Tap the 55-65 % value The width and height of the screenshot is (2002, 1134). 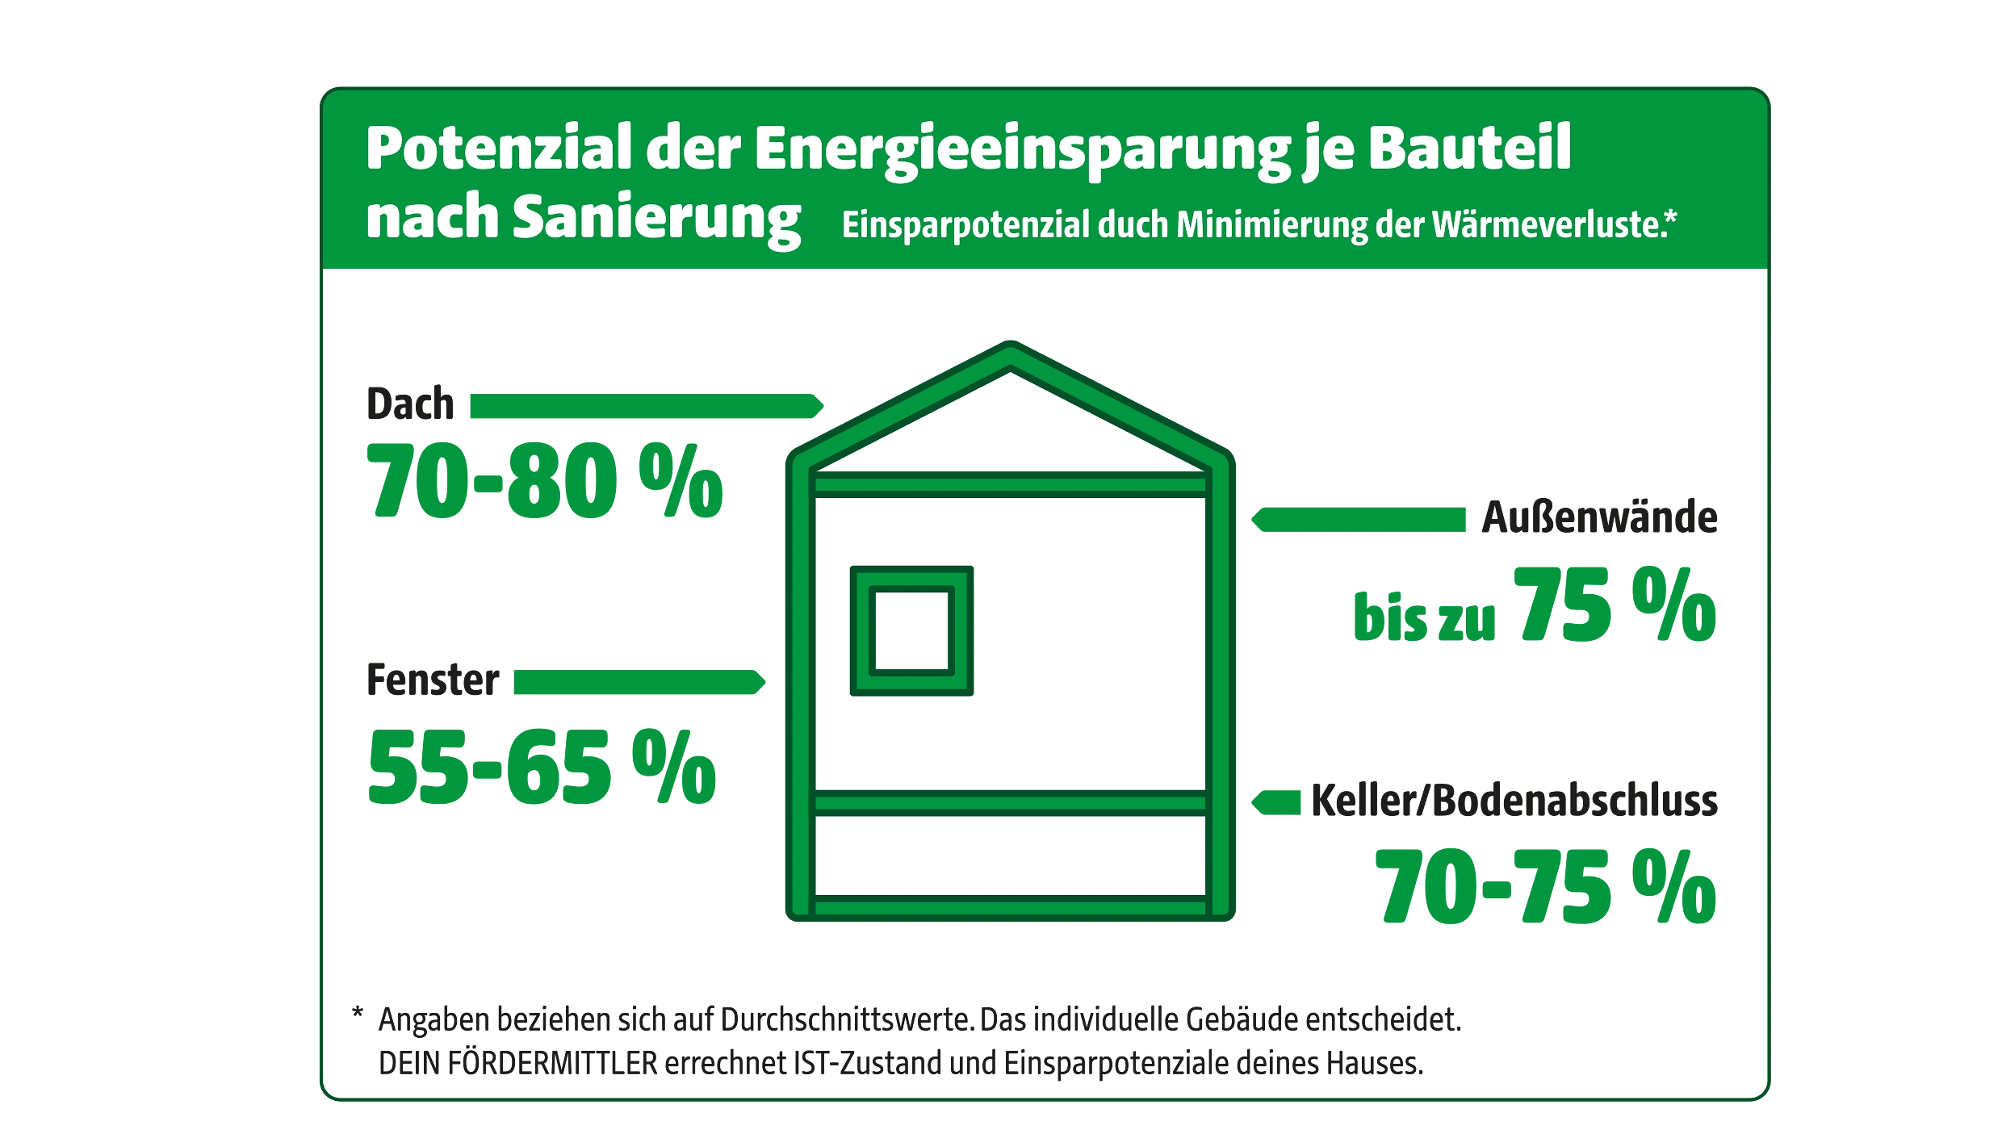point(542,769)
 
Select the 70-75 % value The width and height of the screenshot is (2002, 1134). point(1546,888)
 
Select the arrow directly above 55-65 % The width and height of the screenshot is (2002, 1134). point(638,683)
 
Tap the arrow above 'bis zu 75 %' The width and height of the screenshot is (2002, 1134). point(1358,520)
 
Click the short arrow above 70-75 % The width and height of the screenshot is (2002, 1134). point(1275,803)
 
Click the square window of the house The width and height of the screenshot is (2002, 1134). point(911,630)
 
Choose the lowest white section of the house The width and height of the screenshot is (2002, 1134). point(1011,856)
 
